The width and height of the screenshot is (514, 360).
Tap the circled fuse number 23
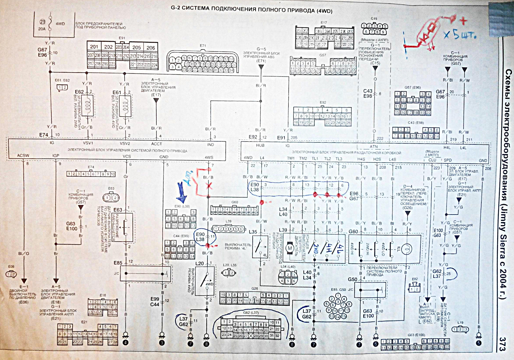tap(42, 22)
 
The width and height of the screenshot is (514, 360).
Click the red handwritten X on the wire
tap(208, 186)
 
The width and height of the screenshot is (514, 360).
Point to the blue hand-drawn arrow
tap(181, 193)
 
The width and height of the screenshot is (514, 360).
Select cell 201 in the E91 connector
tap(94, 47)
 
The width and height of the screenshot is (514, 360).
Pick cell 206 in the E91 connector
tap(151, 47)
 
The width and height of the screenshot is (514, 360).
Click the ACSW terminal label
tap(23, 156)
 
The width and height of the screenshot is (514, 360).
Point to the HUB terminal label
tap(260, 145)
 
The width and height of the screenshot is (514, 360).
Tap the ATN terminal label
tap(374, 146)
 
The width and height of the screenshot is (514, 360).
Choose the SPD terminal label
tap(447, 160)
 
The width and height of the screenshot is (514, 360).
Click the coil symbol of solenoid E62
tap(87, 106)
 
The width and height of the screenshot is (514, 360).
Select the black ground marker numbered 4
tap(126, 342)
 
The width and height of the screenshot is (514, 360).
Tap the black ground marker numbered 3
tap(162, 342)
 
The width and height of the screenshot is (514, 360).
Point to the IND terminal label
tap(211, 144)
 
